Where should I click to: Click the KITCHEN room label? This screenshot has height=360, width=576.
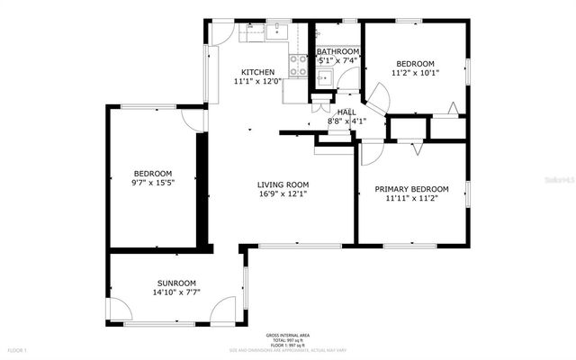(x=256, y=71)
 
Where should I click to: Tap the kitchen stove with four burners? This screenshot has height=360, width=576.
(x=298, y=64)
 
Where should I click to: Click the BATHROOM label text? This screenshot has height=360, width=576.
(x=337, y=52)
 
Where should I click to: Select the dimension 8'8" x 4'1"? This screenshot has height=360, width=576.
(x=346, y=121)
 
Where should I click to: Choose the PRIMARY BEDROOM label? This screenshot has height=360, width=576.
(x=411, y=189)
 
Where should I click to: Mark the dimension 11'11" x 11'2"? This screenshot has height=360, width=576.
(x=411, y=199)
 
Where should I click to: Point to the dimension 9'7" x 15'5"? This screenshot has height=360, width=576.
(x=152, y=183)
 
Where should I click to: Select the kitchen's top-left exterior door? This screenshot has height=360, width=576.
(x=222, y=31)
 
